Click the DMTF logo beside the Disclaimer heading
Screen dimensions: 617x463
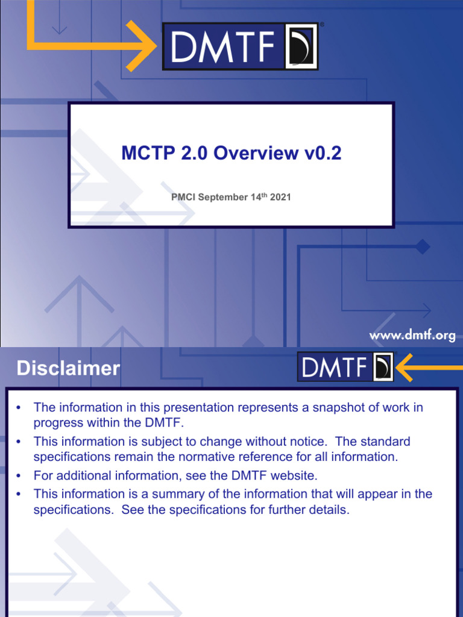[345, 367]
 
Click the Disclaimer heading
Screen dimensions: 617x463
[68, 369]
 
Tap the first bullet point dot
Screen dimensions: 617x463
[19, 408]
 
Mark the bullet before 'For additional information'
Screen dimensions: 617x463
[19, 476]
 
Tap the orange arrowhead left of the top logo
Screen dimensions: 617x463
[143, 46]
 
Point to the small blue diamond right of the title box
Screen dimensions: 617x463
[423, 246]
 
